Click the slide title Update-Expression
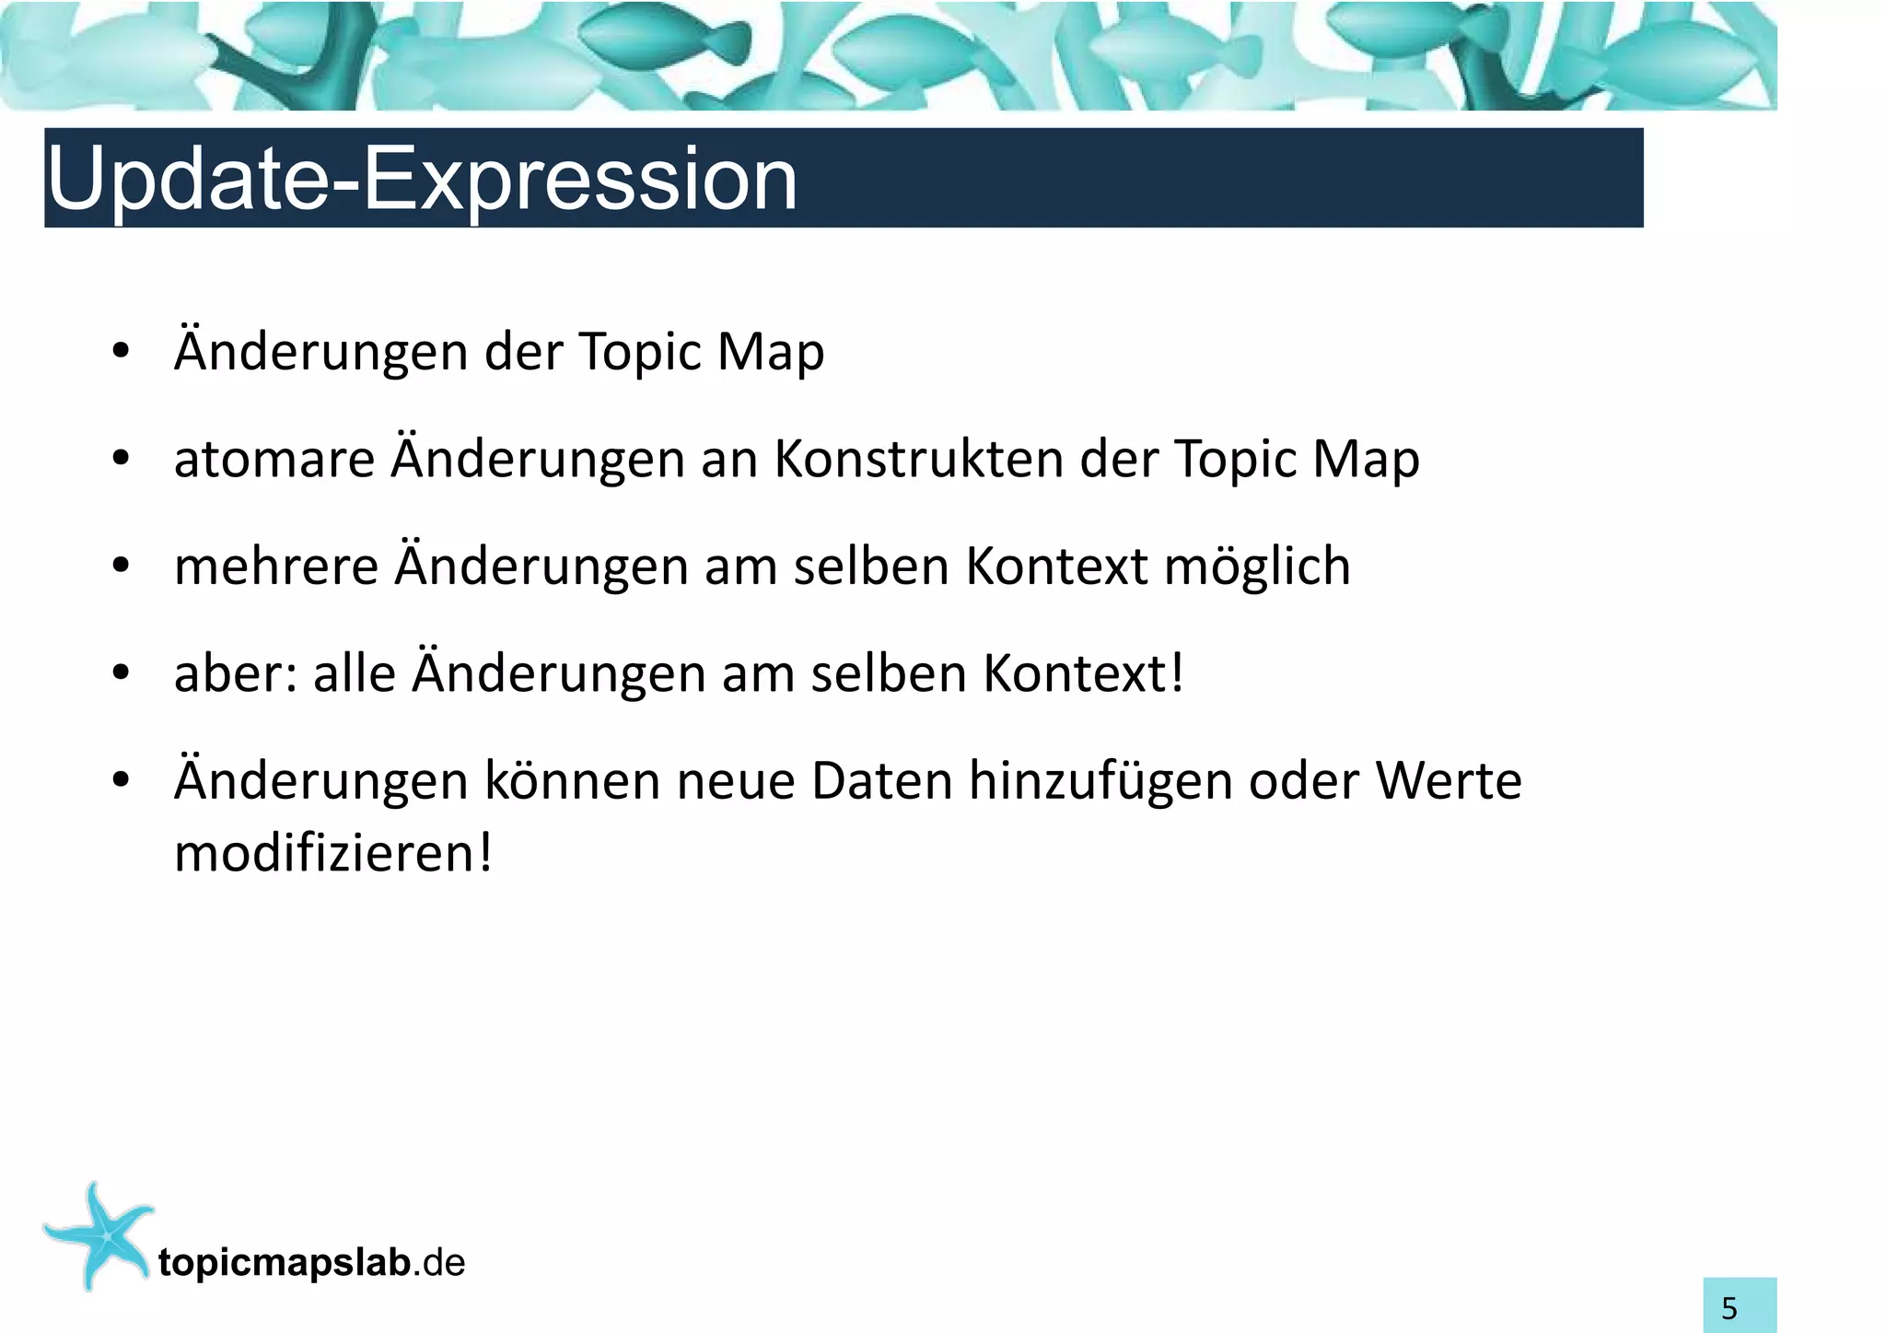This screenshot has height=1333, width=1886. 421,180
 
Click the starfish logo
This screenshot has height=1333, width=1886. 97,1234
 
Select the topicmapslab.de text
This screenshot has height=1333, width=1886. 311,1263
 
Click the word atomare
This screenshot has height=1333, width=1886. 274,460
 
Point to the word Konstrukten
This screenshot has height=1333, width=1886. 918,458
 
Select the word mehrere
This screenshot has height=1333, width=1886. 275,567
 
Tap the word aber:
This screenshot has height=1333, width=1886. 236,673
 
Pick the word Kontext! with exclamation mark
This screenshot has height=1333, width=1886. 1083,673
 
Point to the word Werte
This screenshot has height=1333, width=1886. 1449,781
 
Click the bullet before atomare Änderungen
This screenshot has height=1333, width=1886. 121,460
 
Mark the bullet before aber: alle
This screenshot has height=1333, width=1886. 121,674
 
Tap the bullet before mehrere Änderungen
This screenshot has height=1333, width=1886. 121,567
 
